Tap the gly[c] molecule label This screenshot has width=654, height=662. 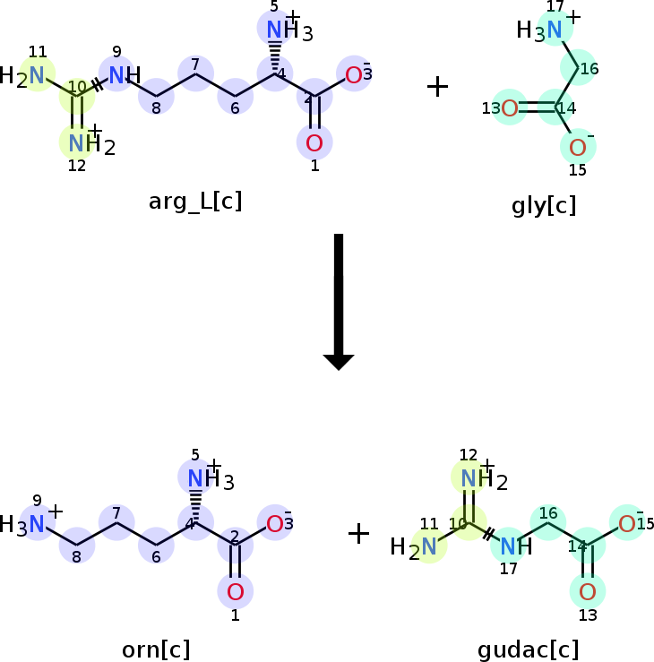click(544, 206)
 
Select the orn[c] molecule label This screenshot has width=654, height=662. click(156, 649)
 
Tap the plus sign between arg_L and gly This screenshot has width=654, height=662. click(437, 87)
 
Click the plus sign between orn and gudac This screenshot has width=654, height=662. click(358, 534)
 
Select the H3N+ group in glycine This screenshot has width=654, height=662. click(554, 30)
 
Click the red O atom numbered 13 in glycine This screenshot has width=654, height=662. click(510, 109)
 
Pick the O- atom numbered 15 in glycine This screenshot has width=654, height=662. click(578, 148)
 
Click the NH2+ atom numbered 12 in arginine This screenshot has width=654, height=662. click(78, 142)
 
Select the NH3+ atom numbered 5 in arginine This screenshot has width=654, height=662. click(278, 30)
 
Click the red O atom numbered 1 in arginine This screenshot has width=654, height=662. click(314, 142)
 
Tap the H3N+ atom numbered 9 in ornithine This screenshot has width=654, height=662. click(36, 524)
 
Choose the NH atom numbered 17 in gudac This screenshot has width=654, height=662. click(509, 546)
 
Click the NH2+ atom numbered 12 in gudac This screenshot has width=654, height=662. click(469, 479)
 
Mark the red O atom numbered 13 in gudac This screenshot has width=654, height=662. click(588, 591)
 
